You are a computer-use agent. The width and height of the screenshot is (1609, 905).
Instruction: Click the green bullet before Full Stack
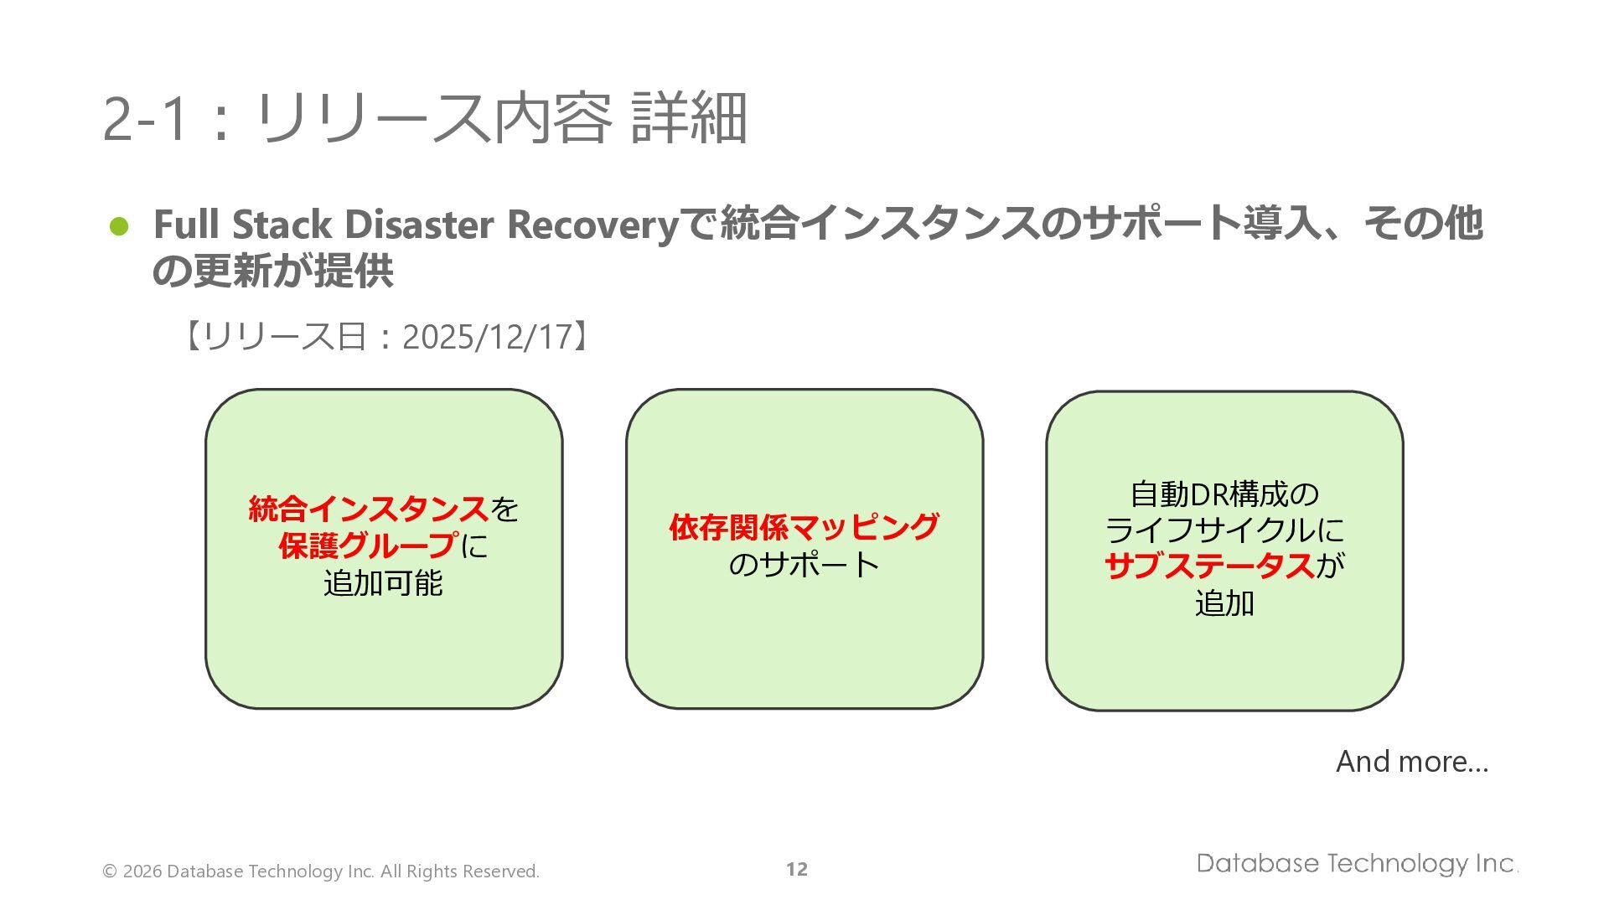point(119,226)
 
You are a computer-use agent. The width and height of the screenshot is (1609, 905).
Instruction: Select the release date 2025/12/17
point(486,337)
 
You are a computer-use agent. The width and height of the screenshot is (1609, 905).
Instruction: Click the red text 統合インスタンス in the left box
point(368,509)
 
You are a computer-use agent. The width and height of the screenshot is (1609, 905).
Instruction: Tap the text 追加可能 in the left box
point(383,582)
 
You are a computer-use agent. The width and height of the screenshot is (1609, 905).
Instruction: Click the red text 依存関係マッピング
point(804,527)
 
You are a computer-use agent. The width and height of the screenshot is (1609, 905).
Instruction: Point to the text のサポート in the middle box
point(804,564)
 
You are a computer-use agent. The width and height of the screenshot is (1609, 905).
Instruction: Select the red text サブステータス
point(1209,566)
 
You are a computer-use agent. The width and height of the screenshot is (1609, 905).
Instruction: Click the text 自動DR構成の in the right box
point(1224,494)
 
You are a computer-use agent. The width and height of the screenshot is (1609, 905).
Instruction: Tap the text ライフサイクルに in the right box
point(1224,530)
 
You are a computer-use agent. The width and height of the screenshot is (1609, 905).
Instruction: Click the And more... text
point(1411,762)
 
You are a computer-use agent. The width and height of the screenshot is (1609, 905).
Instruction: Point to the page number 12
point(796,870)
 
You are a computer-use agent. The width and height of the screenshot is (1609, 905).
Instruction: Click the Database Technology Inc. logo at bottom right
point(1356,864)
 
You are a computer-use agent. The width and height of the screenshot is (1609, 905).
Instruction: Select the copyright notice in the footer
point(321,871)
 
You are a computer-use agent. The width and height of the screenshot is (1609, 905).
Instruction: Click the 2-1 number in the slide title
point(143,119)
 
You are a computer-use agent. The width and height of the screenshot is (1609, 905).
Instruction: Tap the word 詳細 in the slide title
point(688,119)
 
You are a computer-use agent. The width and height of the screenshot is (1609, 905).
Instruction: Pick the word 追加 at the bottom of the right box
point(1224,603)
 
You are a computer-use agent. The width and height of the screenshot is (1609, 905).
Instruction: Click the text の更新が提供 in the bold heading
point(273,271)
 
